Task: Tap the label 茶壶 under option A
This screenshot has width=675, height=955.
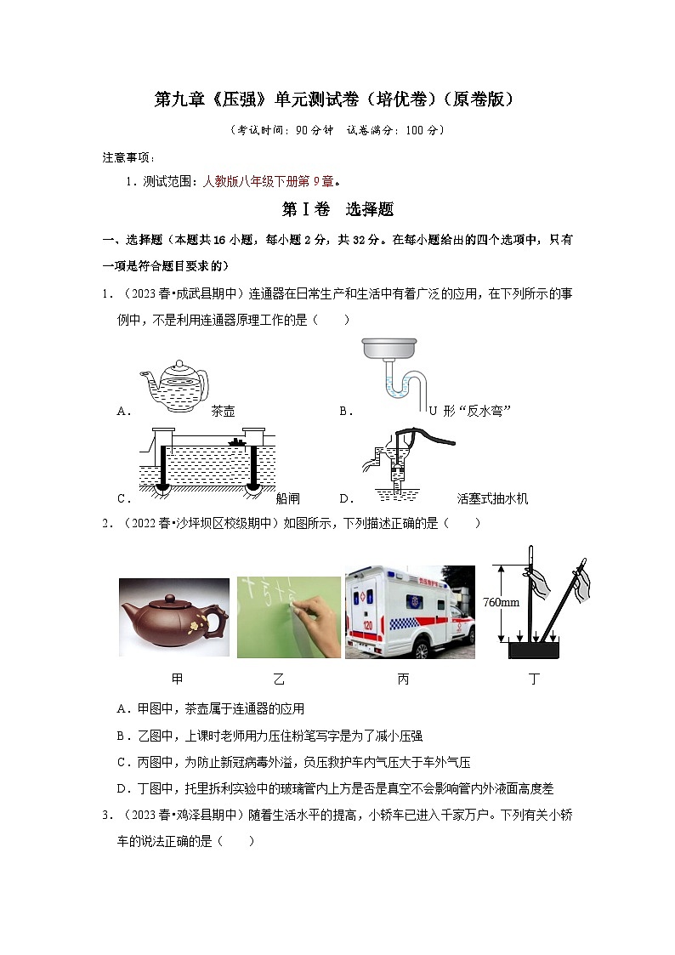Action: click(x=223, y=412)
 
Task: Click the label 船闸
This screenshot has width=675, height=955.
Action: click(x=288, y=499)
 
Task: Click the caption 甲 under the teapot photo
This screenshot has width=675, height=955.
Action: click(x=177, y=679)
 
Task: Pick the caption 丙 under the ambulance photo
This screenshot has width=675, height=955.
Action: click(x=403, y=679)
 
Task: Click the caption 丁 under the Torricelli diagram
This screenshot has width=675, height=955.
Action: click(x=534, y=679)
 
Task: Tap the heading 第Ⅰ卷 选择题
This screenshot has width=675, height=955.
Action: click(x=337, y=209)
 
